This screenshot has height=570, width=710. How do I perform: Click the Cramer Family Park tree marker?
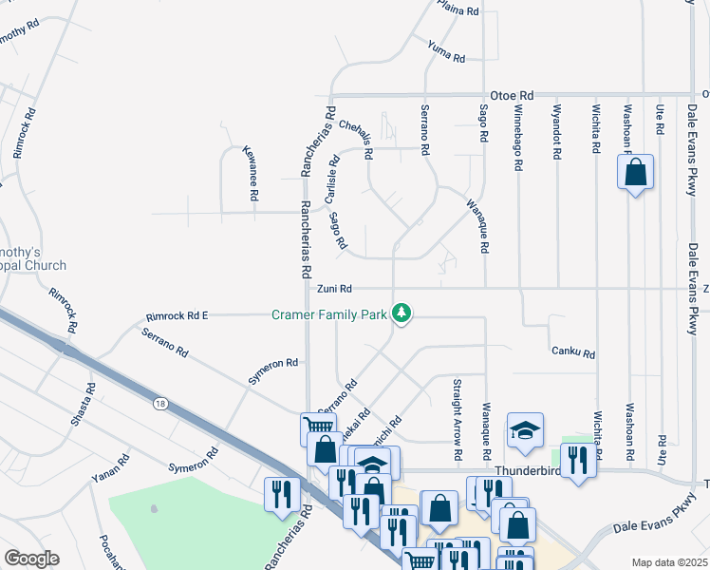pyautogui.click(x=402, y=313)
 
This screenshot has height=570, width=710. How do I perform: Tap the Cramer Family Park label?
pyautogui.click(x=330, y=313)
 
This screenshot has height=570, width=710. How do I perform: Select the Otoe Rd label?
pyautogui.click(x=513, y=96)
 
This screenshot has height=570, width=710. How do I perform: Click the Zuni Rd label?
pyautogui.click(x=334, y=289)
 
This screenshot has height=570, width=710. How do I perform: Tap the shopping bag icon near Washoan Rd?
pyautogui.click(x=635, y=173)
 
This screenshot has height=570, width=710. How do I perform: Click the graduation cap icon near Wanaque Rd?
pyautogui.click(x=525, y=430)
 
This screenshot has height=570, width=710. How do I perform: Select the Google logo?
pyautogui.click(x=31, y=559)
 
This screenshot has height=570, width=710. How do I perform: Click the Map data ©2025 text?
pyautogui.click(x=669, y=562)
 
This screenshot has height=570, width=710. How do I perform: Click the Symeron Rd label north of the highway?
pyautogui.click(x=273, y=370)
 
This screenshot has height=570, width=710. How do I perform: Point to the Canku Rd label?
pyautogui.click(x=573, y=353)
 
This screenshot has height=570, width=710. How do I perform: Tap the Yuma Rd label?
pyautogui.click(x=445, y=51)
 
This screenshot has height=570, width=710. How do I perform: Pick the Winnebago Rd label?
pyautogui.click(x=518, y=138)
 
